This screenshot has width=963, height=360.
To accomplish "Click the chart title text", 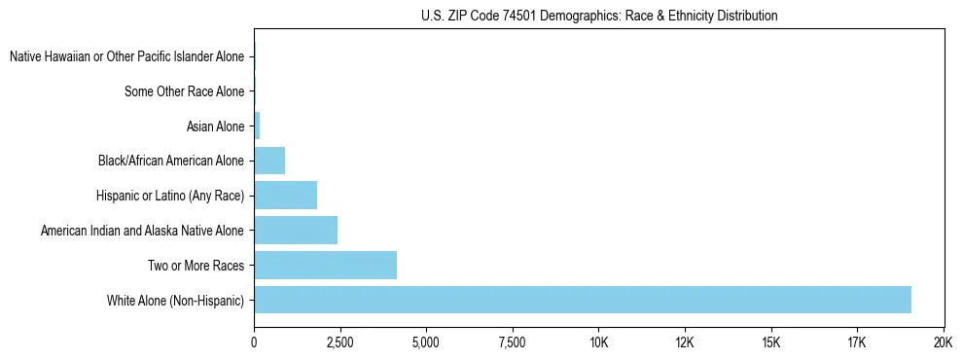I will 599,16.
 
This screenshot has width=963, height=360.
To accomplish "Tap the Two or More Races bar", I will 325,265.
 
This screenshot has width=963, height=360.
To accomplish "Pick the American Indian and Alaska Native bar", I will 296,231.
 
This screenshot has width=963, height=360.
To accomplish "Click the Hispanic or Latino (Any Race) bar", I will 285,196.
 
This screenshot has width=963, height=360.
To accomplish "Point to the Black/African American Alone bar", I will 269,161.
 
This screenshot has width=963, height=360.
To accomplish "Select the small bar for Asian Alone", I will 257,126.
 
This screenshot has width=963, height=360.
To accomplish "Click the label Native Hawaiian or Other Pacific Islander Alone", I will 126,56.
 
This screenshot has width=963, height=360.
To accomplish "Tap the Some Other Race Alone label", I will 185,91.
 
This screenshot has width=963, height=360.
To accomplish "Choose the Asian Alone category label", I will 215,126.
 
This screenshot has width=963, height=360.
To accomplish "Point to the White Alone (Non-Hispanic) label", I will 176,301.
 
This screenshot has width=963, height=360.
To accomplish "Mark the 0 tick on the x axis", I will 254,342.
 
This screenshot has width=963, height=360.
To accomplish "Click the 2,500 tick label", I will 339,342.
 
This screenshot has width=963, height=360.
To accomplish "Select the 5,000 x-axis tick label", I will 426,342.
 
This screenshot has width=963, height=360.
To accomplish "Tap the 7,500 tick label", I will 512,342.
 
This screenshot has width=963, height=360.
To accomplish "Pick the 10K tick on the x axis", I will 598,342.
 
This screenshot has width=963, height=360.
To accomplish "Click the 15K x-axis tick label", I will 770,342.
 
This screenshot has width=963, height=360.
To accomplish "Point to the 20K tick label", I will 943,342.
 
